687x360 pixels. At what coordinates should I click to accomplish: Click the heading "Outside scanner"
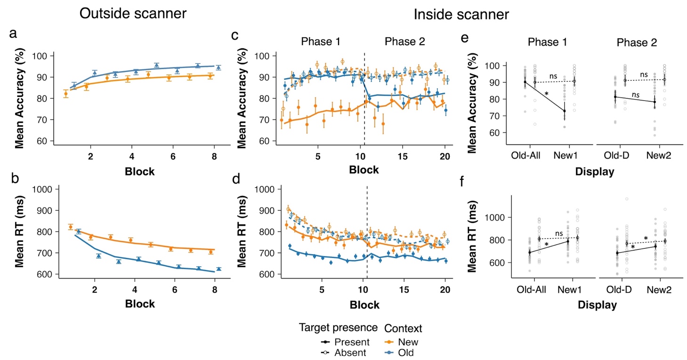click(133, 14)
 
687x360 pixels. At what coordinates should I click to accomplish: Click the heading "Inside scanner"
click(461, 15)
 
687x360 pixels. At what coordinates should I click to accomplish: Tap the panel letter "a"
click(14, 33)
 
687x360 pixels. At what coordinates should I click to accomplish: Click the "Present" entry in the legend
click(349, 342)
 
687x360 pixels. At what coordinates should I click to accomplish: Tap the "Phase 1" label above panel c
click(321, 41)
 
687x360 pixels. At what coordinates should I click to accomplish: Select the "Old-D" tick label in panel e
click(617, 155)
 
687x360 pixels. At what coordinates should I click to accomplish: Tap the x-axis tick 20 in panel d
click(445, 287)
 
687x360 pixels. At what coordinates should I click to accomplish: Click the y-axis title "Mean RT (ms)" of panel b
click(20, 232)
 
